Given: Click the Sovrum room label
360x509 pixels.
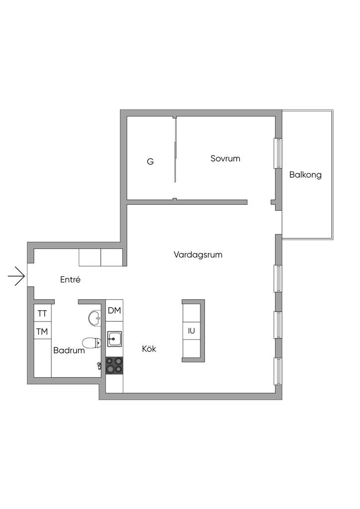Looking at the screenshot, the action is tap(225, 159).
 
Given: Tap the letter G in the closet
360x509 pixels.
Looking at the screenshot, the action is tap(150, 162).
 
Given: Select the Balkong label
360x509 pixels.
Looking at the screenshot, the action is tap(305, 175).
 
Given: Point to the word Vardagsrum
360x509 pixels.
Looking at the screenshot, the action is tap(198, 254).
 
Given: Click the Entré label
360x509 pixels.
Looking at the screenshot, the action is tap(70, 280).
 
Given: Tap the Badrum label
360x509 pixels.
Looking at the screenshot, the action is tap(69, 350).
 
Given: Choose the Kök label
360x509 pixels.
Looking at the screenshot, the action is tap(149, 349).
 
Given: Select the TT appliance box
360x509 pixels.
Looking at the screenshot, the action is tap(42, 314).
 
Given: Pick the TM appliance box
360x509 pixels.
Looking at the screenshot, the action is tap(42, 332).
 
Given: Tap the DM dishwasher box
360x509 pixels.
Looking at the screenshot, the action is tap(114, 311).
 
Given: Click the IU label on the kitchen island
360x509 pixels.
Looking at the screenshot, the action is tap(191, 330).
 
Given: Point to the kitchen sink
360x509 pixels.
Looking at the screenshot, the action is tap(114, 339).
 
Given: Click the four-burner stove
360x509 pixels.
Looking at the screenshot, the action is tap(114, 365).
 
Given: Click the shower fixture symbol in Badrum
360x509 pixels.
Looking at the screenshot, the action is tap(99, 366).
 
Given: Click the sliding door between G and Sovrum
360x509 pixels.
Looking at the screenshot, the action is tap(175, 149).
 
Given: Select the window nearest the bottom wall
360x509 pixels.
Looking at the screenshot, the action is tap(278, 371).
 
